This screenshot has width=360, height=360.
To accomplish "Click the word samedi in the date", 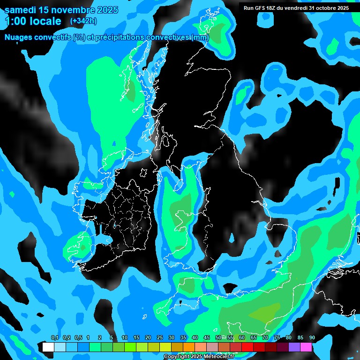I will point(22,10).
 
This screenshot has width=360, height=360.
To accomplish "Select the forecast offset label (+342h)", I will point(83,21).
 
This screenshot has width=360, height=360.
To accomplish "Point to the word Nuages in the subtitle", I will point(19,37).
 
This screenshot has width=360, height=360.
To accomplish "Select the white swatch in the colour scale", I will point(48,347).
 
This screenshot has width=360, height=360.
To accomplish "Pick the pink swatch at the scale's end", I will point(306,347).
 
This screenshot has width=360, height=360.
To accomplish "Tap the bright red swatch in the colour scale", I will point(247,347).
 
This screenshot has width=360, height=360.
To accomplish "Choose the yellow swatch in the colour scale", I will point(165,347).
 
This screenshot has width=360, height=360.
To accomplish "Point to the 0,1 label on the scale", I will point(54,338).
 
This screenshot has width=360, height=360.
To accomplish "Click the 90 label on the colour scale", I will point(312,338).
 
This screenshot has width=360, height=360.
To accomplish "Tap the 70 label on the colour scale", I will point(265,338).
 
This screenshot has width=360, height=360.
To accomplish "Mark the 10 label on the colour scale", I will point(125,338).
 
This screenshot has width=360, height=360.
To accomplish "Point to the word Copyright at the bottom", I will point(176,357).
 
